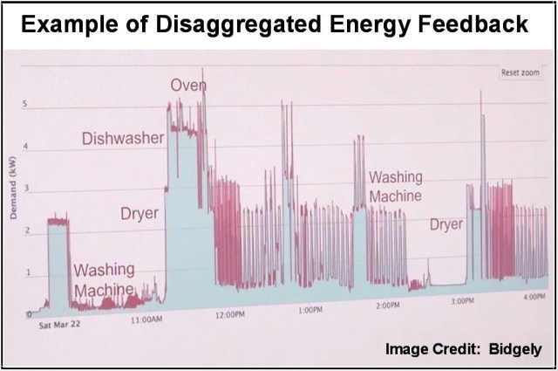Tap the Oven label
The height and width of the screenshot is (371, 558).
point(187,86)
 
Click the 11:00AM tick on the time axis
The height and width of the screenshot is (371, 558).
point(146,321)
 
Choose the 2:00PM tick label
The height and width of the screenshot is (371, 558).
point(388,306)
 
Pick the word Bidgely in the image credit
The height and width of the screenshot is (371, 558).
point(515,350)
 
